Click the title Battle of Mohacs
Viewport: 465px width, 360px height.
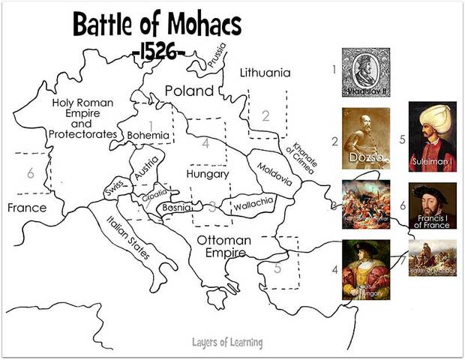click(157, 26)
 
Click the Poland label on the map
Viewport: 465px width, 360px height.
click(189, 90)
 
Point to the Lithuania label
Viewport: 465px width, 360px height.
click(264, 73)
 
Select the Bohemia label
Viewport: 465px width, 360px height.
click(148, 136)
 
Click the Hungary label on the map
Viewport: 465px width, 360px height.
click(208, 174)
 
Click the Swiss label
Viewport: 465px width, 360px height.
click(115, 191)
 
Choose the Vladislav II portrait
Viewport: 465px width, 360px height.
click(366, 73)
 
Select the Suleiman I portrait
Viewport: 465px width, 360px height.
click(432, 136)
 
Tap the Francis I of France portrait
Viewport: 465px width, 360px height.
click(432, 205)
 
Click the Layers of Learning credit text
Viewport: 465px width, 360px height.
click(226, 343)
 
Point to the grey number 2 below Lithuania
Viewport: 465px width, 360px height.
click(265, 115)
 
